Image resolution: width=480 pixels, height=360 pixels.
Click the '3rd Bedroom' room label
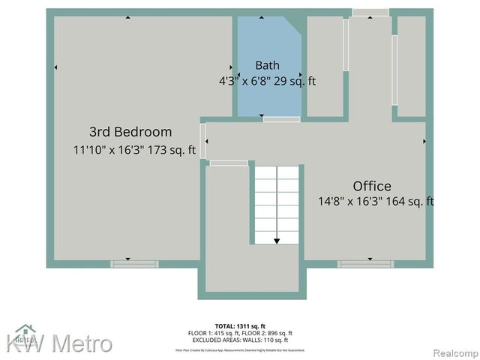pyautogui.click(x=130, y=132)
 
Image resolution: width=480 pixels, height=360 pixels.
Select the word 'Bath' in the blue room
pyautogui.click(x=267, y=65)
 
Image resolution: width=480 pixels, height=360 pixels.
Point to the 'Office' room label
pyautogui.click(x=372, y=186)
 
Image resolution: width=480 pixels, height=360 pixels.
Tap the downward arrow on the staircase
pyautogui.click(x=277, y=239)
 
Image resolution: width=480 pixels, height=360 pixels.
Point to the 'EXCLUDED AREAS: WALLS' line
pyautogui.click(x=240, y=340)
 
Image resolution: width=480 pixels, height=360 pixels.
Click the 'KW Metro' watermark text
pyautogui.click(x=60, y=344)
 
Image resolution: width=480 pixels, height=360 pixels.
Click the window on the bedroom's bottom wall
pyautogui.click(x=135, y=264)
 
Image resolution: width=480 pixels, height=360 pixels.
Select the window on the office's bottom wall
pyautogui.click(x=365, y=264)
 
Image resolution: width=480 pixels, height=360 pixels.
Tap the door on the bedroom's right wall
pyautogui.click(x=203, y=140)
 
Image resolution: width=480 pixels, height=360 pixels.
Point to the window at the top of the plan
pyautogui.click(x=370, y=13)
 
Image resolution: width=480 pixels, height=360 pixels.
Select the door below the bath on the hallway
pyautogui.click(x=281, y=119)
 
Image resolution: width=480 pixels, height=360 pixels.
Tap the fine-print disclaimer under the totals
pyautogui.click(x=240, y=349)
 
